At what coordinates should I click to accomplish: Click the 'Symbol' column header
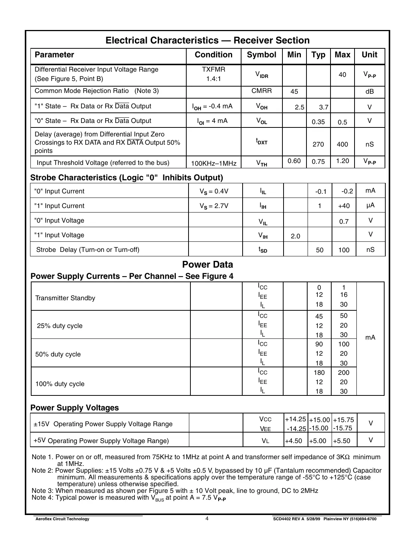click(261, 55)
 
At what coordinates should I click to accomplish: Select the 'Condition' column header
click(213, 55)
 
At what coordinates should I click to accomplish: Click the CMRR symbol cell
click(261, 91)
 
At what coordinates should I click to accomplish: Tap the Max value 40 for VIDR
click(342, 75)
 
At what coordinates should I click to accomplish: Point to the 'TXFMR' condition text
click(213, 69)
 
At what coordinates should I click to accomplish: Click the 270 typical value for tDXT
click(318, 144)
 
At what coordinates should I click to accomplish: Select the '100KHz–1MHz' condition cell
click(214, 163)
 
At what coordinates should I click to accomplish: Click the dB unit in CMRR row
click(370, 92)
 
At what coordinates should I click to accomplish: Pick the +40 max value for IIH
click(344, 206)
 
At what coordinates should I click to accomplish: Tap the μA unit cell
click(370, 205)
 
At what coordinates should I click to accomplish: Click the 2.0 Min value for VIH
click(296, 236)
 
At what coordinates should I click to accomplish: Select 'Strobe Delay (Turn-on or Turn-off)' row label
click(88, 250)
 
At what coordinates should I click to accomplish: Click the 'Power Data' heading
click(207, 265)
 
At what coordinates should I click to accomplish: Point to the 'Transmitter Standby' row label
click(65, 298)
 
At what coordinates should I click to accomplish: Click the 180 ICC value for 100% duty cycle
click(319, 373)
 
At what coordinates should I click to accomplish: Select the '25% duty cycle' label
click(60, 326)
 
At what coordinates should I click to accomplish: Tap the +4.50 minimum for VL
click(293, 441)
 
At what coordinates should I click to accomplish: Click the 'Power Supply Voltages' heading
click(74, 408)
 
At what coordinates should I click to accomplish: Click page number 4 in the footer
click(207, 519)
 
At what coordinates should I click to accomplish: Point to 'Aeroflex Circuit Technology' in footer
click(62, 519)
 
